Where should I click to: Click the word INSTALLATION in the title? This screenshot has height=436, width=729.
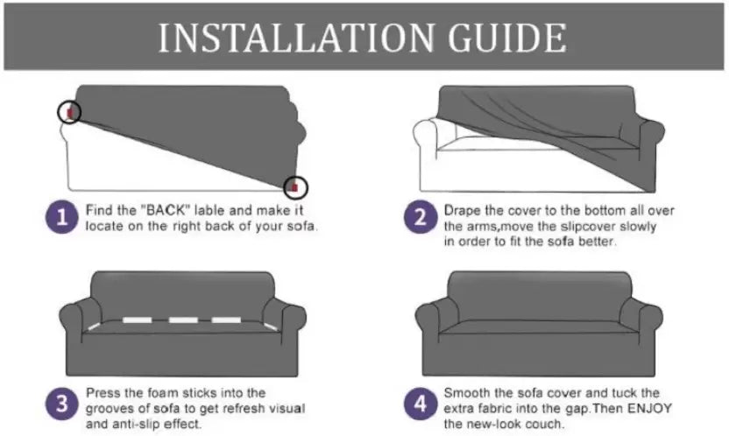pos(296,38)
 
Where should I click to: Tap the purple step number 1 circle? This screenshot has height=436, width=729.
pos(62,217)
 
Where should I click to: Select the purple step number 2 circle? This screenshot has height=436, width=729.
pos(421,217)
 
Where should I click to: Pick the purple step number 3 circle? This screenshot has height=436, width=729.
pos(62,404)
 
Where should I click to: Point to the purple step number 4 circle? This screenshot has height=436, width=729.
pos(421,404)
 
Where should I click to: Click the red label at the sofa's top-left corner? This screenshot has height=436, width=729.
pos(70,112)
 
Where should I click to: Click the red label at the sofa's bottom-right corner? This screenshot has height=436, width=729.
pos(294,186)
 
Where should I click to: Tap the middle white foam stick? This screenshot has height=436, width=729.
pos(183,320)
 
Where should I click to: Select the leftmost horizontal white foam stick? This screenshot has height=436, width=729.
pos(138,320)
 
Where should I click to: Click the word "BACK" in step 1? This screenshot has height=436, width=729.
pos(165,210)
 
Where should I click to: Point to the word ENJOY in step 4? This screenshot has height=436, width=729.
pos(649,409)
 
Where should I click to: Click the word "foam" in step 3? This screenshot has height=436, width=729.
pos(162,393)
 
